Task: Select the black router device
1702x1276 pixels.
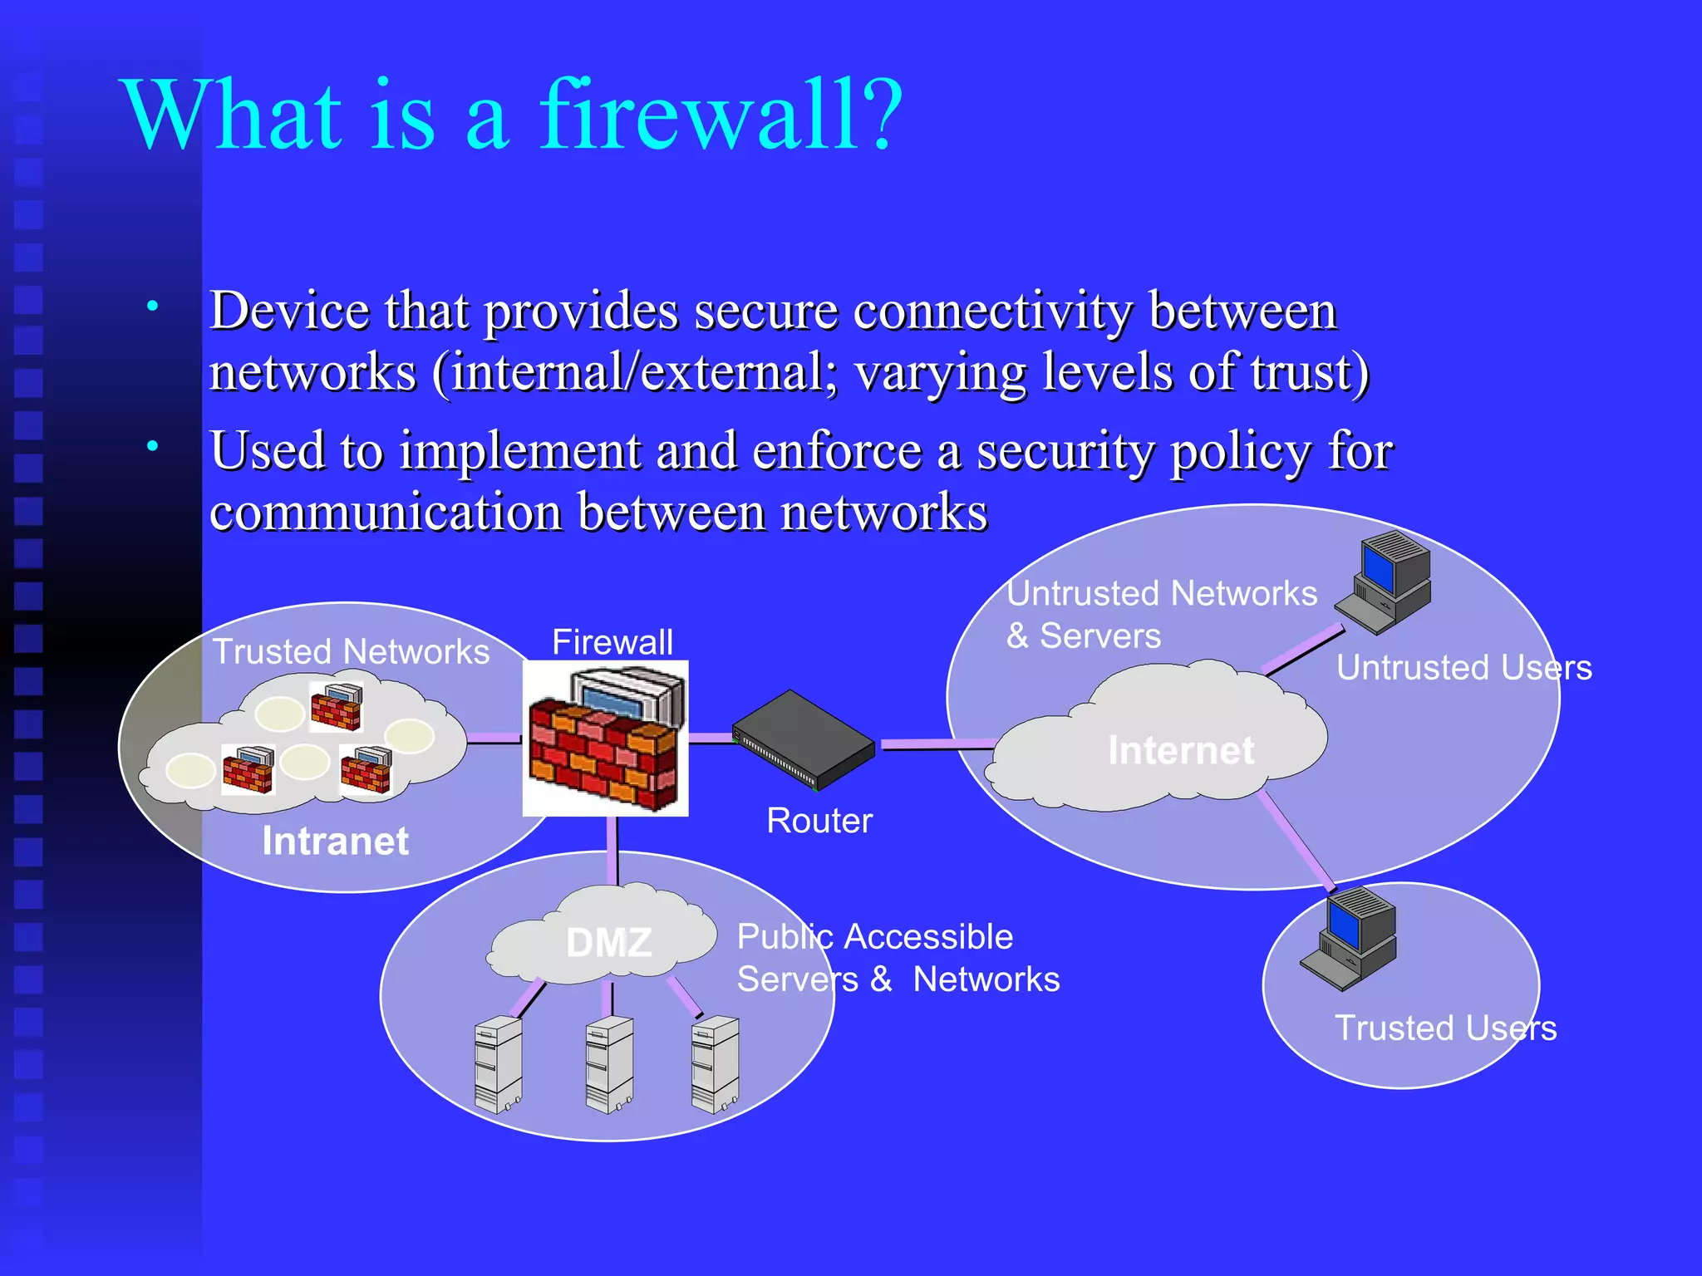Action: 803,739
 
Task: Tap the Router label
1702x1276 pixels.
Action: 819,821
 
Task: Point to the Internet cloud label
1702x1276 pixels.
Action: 1180,750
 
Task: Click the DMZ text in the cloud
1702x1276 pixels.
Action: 608,943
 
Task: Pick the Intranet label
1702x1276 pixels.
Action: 335,841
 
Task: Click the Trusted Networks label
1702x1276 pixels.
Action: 351,651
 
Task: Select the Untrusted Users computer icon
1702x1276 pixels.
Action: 1385,582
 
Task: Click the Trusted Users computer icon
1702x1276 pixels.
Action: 1350,939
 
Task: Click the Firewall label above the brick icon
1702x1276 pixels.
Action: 612,642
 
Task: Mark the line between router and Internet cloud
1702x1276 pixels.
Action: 937,744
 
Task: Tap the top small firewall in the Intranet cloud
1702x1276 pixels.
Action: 336,706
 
